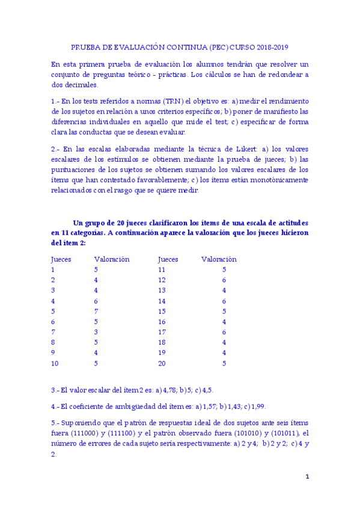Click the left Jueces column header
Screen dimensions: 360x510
coord(61,259)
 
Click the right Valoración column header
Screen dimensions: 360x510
coord(219,259)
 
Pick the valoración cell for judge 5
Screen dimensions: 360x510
coord(96,312)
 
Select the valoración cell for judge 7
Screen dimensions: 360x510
coord(96,332)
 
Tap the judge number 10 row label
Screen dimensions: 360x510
coord(55,363)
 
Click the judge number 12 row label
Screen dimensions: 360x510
coord(162,280)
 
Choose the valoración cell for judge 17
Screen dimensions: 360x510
coord(224,332)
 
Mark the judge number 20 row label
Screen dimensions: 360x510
coord(162,363)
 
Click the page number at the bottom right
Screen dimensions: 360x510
coord(307,477)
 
